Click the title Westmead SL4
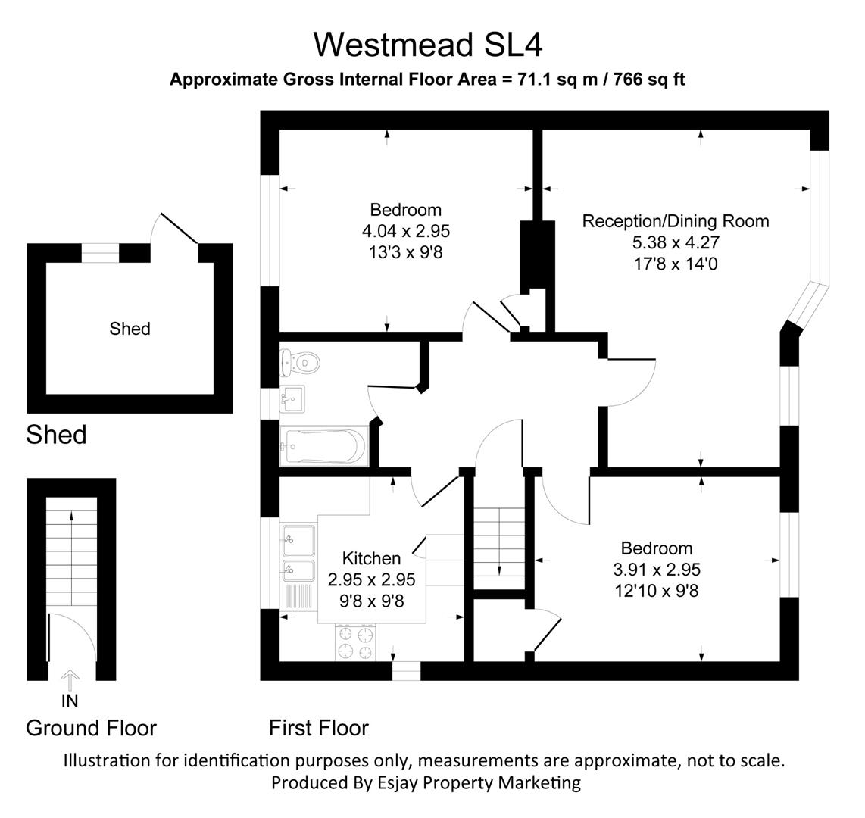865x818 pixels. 428,45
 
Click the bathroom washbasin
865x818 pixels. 292,396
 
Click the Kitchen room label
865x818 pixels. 371,559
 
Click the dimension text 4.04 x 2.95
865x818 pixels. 405,231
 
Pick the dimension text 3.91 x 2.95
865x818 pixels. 656,570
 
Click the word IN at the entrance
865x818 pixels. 69,701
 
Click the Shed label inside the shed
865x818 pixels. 130,329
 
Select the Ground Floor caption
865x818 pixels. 91,728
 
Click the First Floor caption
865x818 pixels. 318,728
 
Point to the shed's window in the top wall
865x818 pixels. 101,253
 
